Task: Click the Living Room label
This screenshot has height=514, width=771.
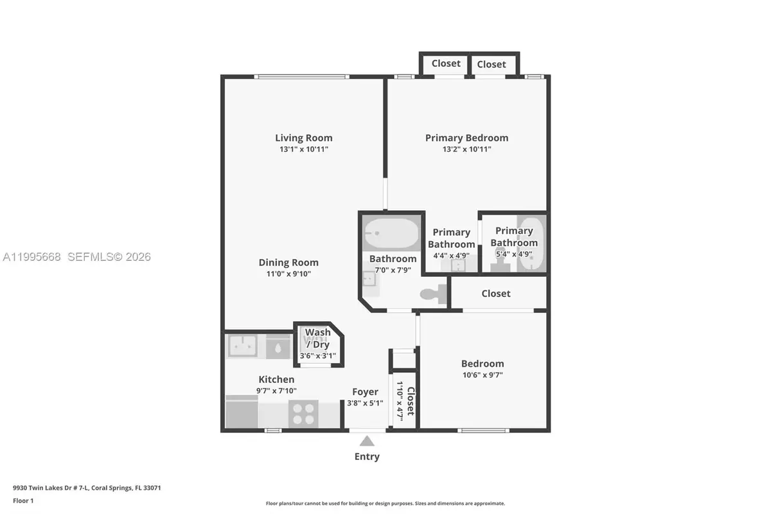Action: click(x=304, y=137)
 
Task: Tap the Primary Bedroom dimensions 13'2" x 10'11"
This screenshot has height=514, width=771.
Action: click(x=466, y=149)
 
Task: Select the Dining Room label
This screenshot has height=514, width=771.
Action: click(x=288, y=262)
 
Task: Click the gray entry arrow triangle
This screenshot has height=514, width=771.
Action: click(x=367, y=441)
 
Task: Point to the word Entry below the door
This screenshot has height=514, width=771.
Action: click(x=367, y=457)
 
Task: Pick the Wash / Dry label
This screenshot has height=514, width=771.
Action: click(x=318, y=338)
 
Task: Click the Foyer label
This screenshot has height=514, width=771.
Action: click(x=365, y=392)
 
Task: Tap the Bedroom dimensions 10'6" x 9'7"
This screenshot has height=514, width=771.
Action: click(x=483, y=375)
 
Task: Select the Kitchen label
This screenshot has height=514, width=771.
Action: click(x=276, y=380)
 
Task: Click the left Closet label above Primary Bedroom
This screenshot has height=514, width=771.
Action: click(x=446, y=64)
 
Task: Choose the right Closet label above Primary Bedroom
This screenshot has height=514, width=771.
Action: click(x=492, y=64)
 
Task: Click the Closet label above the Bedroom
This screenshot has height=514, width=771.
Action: click(x=496, y=294)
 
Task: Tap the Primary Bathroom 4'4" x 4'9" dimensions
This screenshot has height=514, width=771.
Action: click(x=451, y=255)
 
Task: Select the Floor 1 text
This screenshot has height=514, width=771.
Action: click(x=23, y=500)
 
